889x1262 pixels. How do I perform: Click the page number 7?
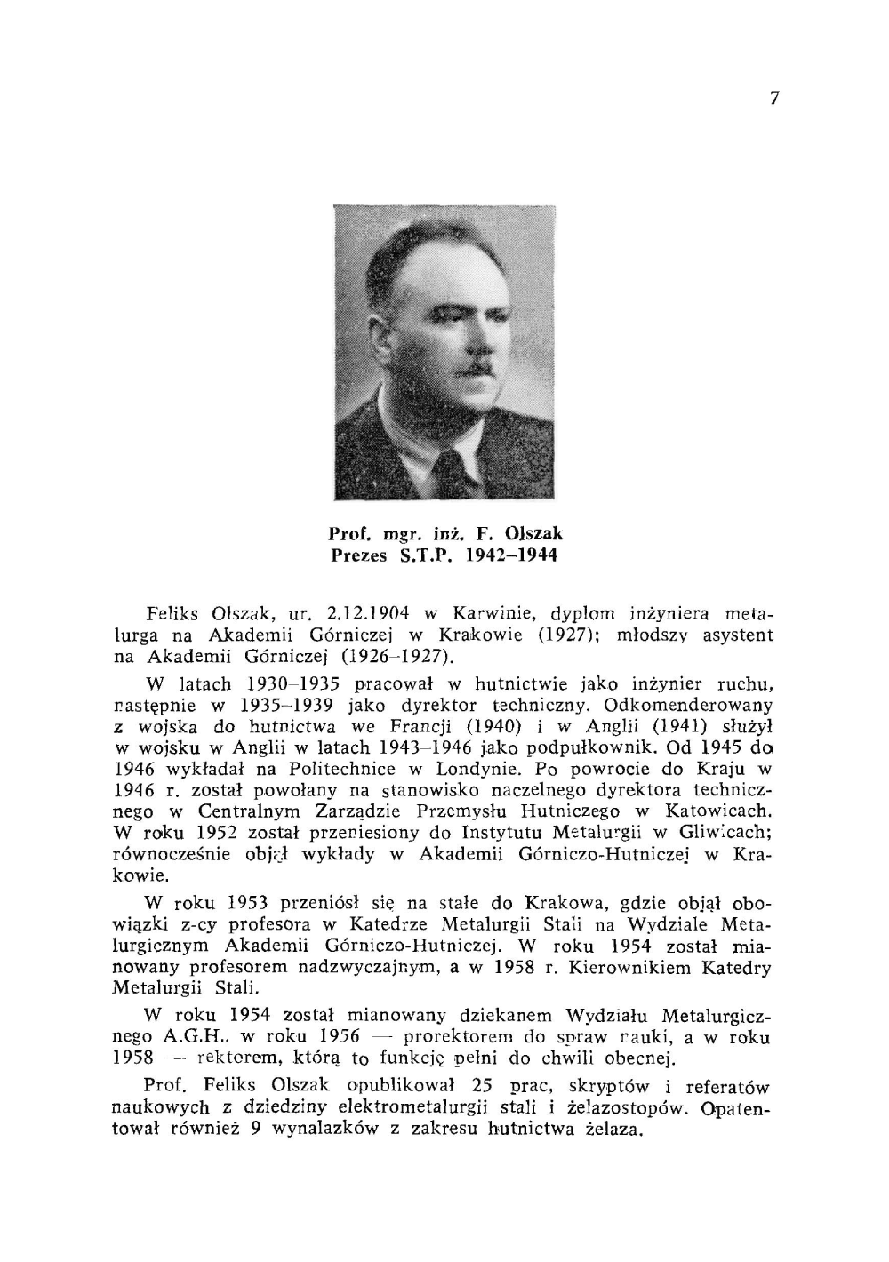pyautogui.click(x=774, y=99)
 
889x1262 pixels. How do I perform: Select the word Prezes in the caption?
pyautogui.click(x=359, y=556)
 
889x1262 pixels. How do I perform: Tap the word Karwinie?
pyautogui.click(x=491, y=614)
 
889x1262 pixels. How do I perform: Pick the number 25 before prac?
pyautogui.click(x=486, y=1086)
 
